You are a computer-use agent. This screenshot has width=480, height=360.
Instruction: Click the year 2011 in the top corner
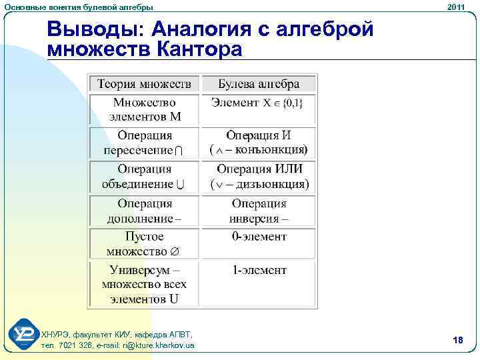coord(457,6)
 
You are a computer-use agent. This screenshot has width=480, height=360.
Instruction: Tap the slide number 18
coord(457,341)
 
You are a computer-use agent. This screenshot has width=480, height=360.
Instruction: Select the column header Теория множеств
coord(145,84)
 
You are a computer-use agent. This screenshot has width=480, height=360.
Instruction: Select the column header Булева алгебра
coord(259,84)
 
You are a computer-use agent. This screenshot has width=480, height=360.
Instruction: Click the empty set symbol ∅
coord(175,252)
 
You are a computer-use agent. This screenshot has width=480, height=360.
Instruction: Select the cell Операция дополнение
coord(145,211)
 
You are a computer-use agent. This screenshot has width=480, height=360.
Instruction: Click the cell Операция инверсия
coord(259,211)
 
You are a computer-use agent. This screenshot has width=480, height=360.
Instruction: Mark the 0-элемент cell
coord(259,237)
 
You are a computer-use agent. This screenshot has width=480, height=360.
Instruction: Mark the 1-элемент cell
coord(259,271)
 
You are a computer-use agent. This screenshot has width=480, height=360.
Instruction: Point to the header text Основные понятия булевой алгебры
coord(78,6)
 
